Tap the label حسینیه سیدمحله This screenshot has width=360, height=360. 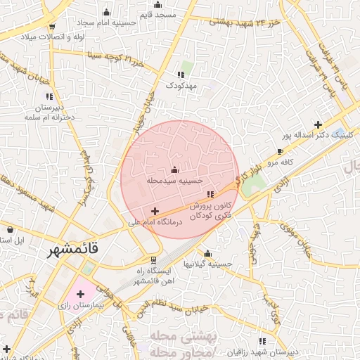point(174,181)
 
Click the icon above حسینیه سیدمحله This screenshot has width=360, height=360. point(174,169)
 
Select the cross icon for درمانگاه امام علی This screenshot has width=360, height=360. point(155,211)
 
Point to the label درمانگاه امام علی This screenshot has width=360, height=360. point(155,222)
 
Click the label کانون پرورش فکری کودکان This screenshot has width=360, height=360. point(212,210)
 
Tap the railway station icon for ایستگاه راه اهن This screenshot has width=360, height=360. point(134,259)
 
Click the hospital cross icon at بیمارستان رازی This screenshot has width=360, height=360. point(80,294)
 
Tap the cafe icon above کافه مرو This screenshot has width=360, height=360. point(281,151)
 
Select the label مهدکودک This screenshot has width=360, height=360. point(181,85)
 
